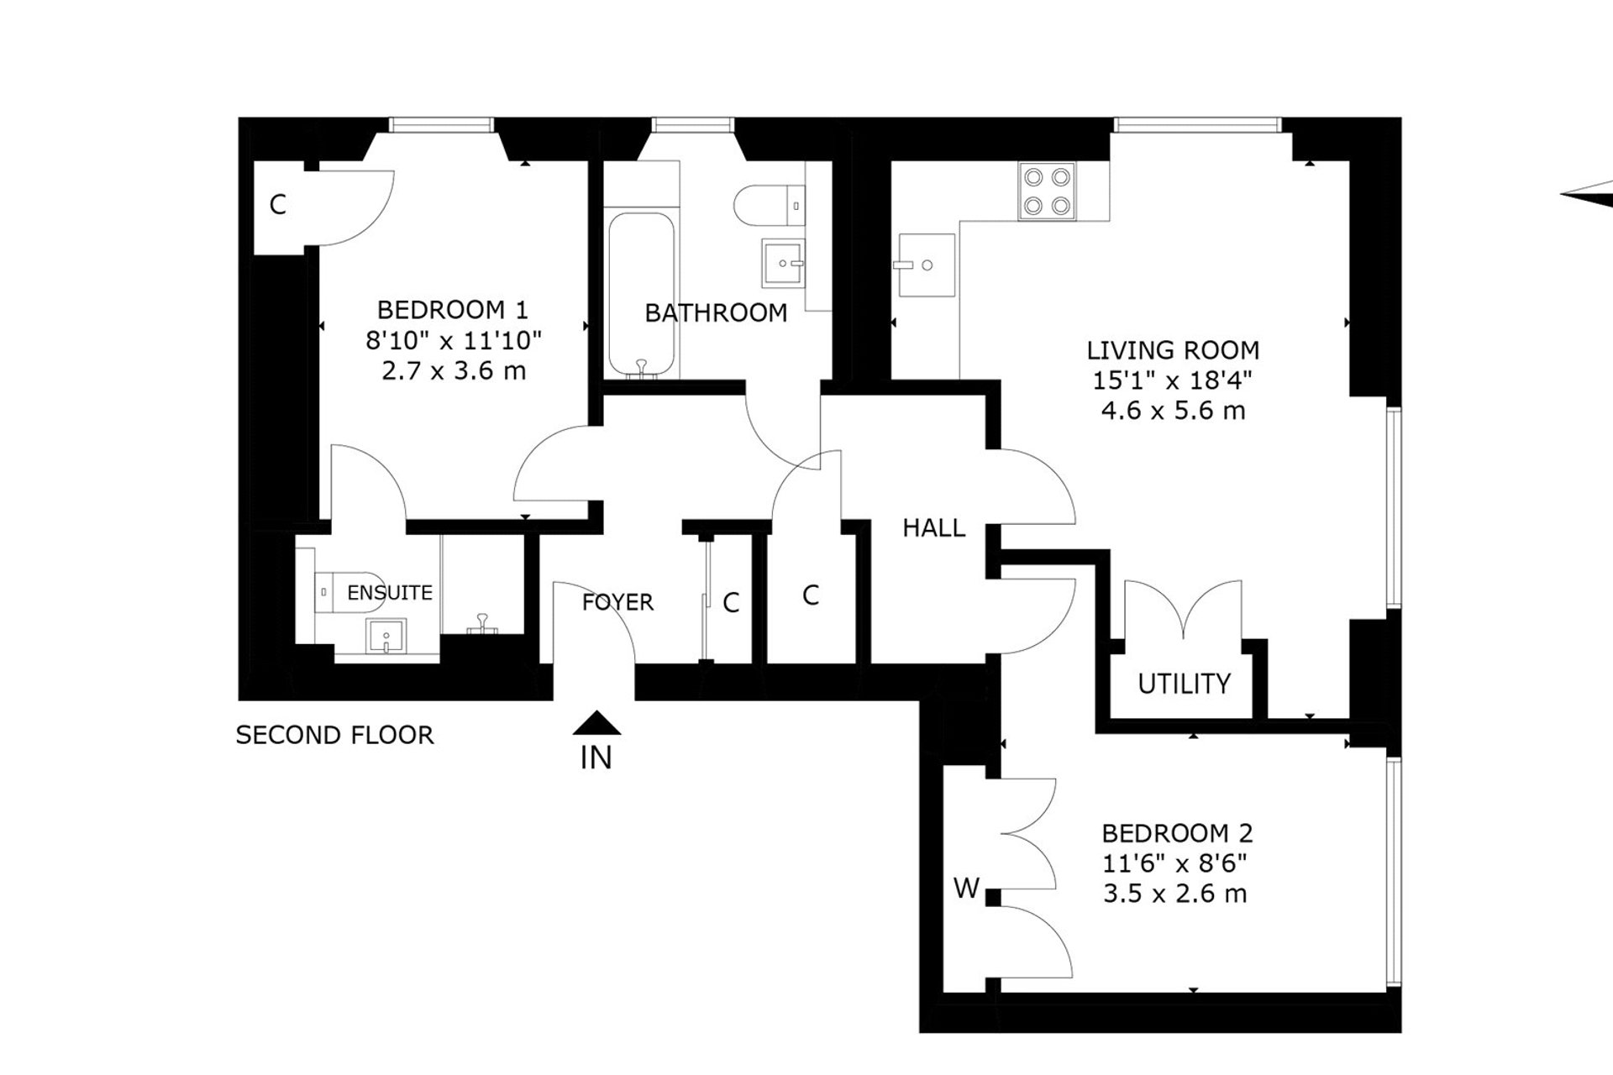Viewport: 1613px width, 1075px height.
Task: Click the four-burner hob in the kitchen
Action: (x=1047, y=191)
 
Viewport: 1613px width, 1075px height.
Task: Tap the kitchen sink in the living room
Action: (x=927, y=265)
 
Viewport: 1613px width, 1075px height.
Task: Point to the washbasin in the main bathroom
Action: (x=783, y=263)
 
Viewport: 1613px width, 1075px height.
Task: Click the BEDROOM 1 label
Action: (x=452, y=310)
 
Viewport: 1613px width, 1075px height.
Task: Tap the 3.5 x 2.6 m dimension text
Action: (x=1174, y=894)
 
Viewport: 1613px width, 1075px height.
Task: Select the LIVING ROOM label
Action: (x=1173, y=349)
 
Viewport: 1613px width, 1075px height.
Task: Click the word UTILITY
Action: (x=1184, y=684)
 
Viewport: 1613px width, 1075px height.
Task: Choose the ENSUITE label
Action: (x=390, y=593)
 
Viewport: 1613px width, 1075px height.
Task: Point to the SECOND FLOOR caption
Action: (x=334, y=735)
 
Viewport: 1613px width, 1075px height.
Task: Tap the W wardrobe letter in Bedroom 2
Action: (x=966, y=888)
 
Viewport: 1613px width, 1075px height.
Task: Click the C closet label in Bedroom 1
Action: (x=277, y=204)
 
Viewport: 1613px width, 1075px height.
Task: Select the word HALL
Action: (x=933, y=528)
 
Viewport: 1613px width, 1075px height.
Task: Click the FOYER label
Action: (x=617, y=602)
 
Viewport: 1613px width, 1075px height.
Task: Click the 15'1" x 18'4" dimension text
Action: (x=1173, y=380)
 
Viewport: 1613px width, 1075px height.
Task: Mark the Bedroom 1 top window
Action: (x=440, y=125)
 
